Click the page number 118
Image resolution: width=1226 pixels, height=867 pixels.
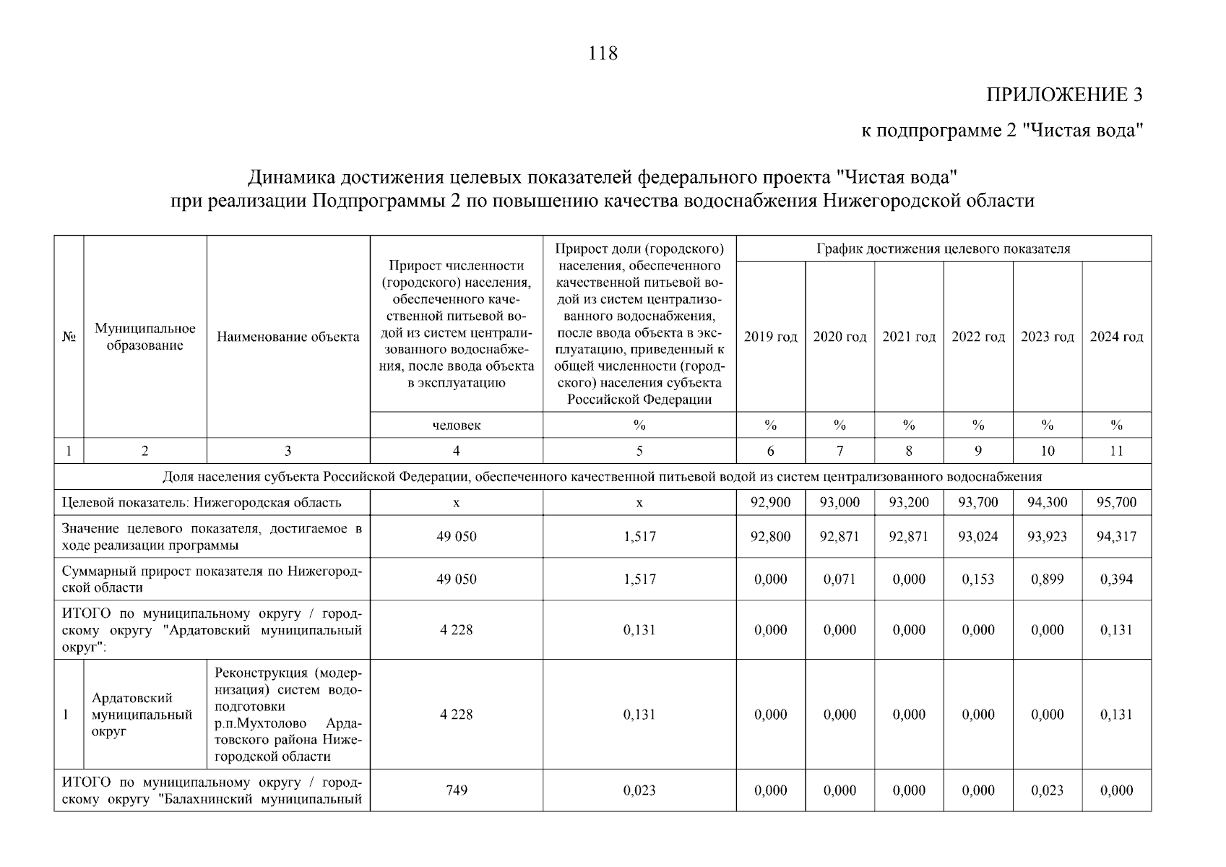point(603,53)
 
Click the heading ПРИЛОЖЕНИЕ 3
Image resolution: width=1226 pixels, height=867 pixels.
point(1064,95)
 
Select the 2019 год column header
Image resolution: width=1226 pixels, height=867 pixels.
point(770,337)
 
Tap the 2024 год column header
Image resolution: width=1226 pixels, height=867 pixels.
point(1116,337)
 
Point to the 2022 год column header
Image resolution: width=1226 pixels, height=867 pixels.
point(978,337)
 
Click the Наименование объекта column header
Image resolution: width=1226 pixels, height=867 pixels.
point(288,337)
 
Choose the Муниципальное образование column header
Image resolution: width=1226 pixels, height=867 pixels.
point(145,337)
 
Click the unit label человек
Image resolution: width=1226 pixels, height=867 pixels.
point(456,425)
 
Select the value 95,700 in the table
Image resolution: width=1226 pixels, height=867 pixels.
point(1116,502)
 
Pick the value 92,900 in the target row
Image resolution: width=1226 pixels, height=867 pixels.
point(770,502)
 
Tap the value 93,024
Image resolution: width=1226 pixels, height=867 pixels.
point(978,536)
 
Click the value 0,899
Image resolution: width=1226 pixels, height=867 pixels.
point(1047,579)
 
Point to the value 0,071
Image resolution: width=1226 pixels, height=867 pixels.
point(839,579)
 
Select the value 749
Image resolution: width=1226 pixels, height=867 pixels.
point(456,790)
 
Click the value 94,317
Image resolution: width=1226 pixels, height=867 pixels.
point(1116,536)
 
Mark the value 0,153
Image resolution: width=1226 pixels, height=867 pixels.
point(978,579)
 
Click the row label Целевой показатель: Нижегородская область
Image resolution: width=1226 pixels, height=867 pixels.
point(202,502)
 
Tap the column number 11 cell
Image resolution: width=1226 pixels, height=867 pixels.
point(1116,451)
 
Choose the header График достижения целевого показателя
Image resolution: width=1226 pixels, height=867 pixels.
point(943,249)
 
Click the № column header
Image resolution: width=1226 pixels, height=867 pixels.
point(69,337)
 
